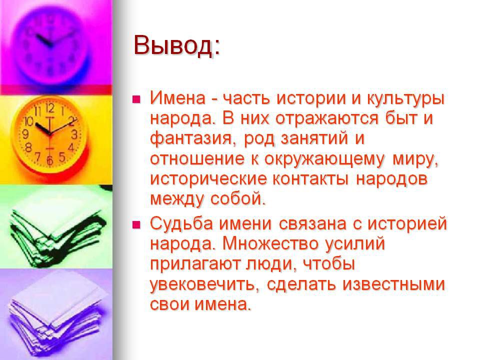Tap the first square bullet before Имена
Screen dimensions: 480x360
tap(136, 99)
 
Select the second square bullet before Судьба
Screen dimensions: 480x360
tap(136, 225)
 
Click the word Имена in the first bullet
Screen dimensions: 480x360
tap(177, 98)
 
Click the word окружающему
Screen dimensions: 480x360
tap(324, 159)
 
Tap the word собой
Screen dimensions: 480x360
tap(238, 198)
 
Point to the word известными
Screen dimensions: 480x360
tap(393, 284)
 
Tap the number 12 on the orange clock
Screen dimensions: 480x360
tap(49, 108)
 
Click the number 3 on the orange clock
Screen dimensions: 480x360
tap(74, 134)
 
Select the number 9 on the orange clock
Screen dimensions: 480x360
tap(25, 134)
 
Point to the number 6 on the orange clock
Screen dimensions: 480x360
tap(49, 160)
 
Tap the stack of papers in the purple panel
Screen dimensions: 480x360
tap(56, 315)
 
